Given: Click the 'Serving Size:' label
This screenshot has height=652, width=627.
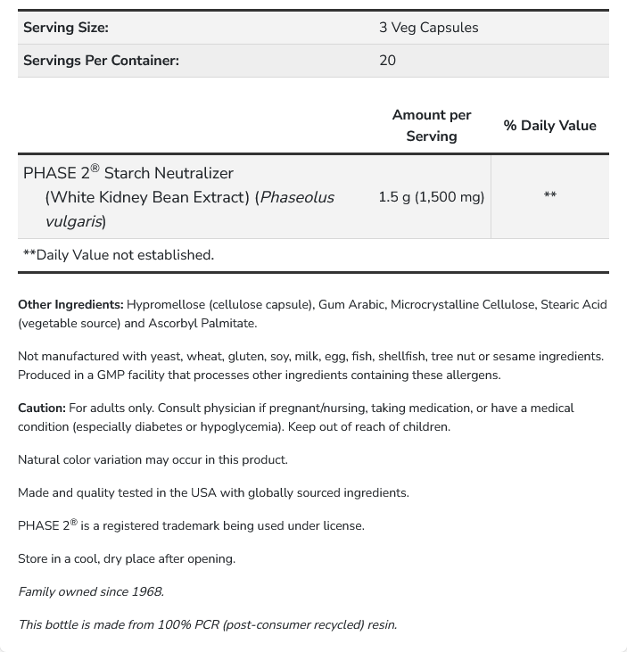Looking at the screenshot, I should click(x=66, y=28).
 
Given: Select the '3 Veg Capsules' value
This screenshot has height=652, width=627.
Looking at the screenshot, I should click(x=428, y=28).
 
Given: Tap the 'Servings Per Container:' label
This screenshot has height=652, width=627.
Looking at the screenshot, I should click(x=101, y=61).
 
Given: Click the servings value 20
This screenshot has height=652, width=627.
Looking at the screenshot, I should click(x=387, y=61).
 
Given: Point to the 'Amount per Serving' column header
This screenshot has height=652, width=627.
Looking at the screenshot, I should click(x=432, y=126).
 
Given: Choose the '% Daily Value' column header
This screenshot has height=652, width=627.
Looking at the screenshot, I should click(x=549, y=126).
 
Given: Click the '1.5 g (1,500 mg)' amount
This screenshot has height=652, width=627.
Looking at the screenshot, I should click(x=431, y=196).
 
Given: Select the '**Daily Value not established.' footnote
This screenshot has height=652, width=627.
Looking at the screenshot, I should click(x=119, y=255).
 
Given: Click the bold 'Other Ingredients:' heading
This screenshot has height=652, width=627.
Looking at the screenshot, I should click(x=70, y=305).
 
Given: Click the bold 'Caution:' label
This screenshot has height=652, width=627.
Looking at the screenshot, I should click(x=41, y=409).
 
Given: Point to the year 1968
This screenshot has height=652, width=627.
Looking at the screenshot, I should click(x=147, y=592).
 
